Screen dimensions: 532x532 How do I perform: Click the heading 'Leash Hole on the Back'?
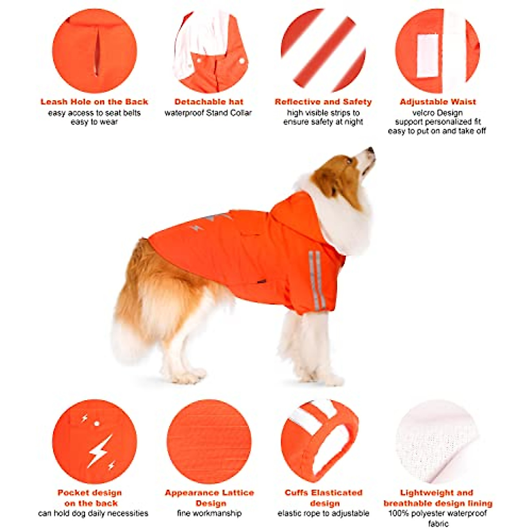tap(94, 102)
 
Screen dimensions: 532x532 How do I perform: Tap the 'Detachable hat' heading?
tap(209, 102)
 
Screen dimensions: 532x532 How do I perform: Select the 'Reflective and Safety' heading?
tap(323, 102)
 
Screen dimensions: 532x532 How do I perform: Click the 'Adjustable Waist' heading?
tap(438, 102)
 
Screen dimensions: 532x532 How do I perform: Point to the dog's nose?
tap(371, 150)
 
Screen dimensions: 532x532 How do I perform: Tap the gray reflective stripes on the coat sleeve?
tap(317, 279)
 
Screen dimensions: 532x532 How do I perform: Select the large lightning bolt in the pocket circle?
tap(99, 451)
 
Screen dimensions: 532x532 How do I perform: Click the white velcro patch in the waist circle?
tap(428, 55)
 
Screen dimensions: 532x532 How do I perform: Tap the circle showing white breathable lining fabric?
tap(437, 441)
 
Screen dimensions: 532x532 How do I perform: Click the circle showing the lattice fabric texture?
tap(209, 442)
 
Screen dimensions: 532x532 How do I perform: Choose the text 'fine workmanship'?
tap(209, 513)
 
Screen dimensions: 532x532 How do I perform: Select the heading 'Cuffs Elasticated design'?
tap(324, 498)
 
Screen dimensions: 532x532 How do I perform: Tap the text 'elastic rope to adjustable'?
tap(323, 513)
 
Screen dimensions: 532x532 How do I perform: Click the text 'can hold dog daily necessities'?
tap(93, 513)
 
